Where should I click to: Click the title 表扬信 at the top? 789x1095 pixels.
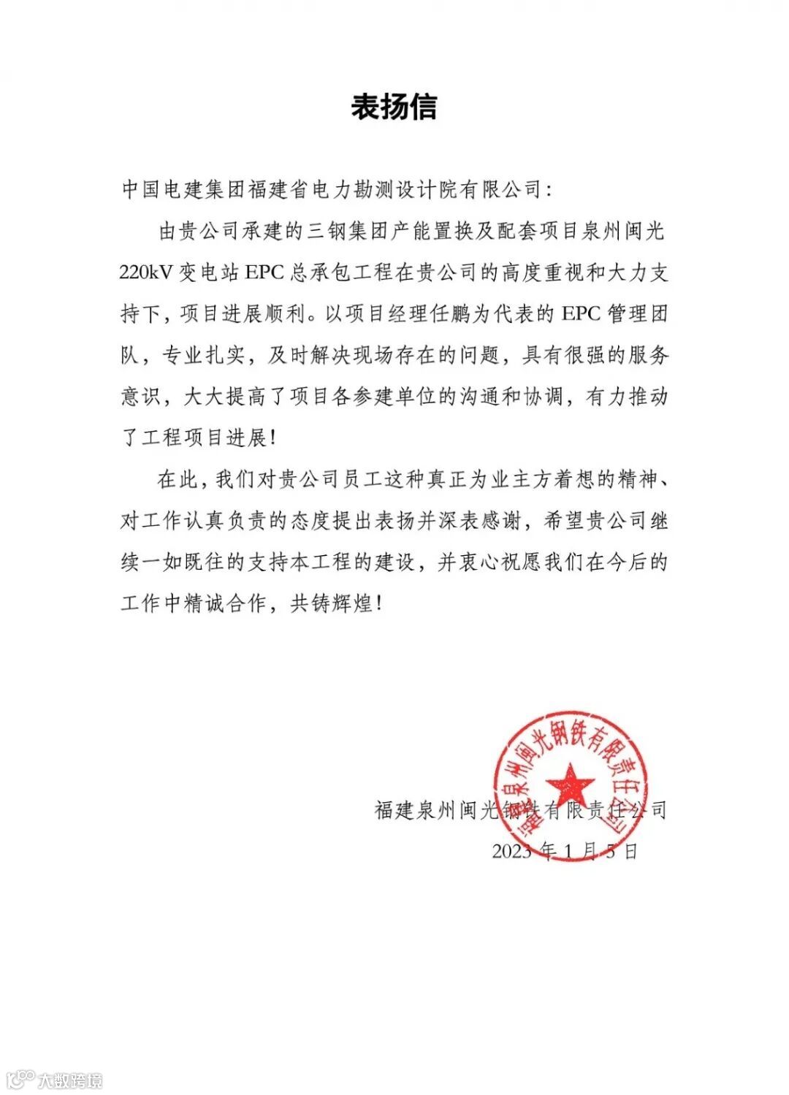[x=394, y=107]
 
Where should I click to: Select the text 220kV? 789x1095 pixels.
[x=144, y=273]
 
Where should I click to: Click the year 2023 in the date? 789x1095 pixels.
[x=511, y=851]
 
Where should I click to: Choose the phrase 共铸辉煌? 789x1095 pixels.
[x=332, y=604]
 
